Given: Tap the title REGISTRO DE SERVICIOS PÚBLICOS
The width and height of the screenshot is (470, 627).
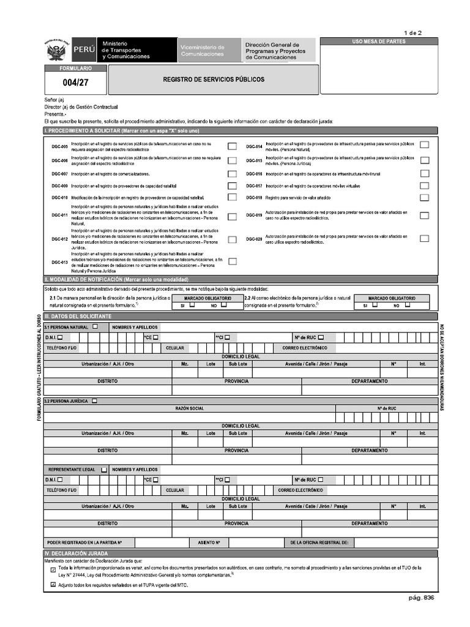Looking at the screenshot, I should [x=214, y=80].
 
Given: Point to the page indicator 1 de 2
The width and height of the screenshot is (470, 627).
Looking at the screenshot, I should [x=412, y=32].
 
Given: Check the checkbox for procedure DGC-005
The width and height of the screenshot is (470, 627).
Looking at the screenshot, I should [x=232, y=146].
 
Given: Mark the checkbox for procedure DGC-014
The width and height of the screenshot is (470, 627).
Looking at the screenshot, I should [x=424, y=145].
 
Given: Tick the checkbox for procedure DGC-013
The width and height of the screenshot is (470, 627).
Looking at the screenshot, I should [x=232, y=261].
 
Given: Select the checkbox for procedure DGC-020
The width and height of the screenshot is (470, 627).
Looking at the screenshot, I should [x=424, y=239].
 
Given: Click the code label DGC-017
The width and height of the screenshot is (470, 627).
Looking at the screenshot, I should [x=254, y=186].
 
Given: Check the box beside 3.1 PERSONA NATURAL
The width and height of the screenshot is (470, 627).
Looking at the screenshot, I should [x=95, y=326].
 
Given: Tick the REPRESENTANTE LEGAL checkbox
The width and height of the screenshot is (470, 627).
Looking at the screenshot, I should [x=104, y=470].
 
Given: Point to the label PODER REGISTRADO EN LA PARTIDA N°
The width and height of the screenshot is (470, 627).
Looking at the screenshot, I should [x=85, y=543].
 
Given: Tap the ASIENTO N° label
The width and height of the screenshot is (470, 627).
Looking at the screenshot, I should [x=209, y=543].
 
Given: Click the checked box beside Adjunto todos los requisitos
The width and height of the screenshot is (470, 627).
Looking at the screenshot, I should [x=53, y=585].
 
